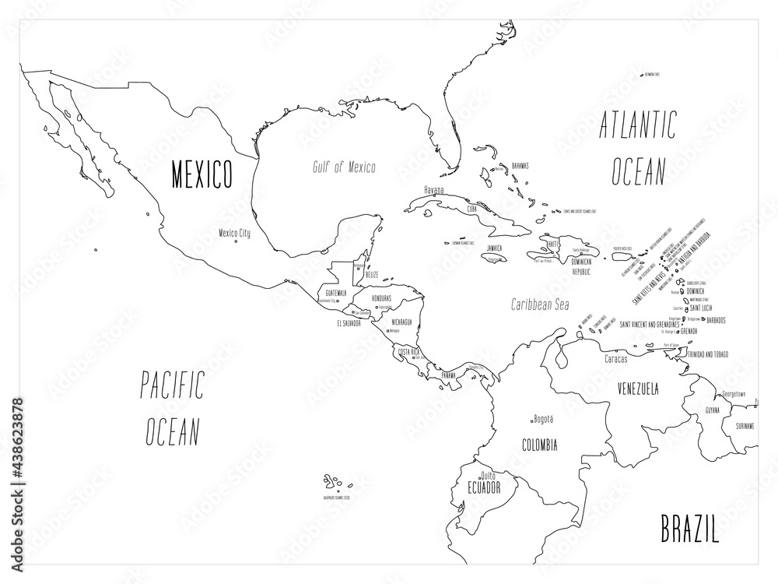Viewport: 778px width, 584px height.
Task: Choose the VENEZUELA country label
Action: coord(639,388)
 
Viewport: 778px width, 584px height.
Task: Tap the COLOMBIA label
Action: coord(538,445)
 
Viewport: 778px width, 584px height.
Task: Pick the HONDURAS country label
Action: coord(380,298)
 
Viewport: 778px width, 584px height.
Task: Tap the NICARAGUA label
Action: coord(403,321)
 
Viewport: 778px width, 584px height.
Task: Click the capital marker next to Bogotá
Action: coord(530,418)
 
